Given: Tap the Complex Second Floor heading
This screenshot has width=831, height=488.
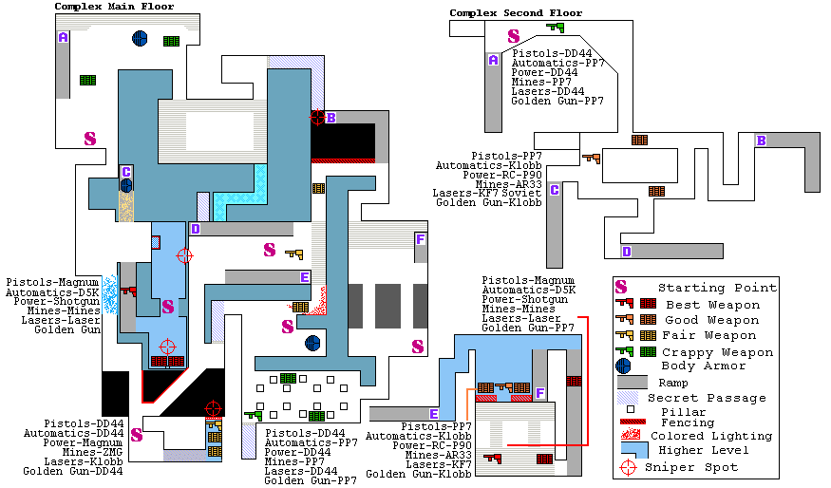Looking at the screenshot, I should [516, 13].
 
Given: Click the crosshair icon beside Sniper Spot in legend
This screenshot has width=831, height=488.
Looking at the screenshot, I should [627, 467].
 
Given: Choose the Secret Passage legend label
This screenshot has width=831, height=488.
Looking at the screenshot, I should [707, 398].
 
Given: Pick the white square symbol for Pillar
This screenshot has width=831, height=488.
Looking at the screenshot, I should [629, 411].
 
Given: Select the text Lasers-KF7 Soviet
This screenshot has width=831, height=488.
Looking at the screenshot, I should [487, 193].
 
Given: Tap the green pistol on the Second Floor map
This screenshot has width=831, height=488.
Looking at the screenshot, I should [541, 28].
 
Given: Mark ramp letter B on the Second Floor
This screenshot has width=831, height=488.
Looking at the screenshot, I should [761, 141].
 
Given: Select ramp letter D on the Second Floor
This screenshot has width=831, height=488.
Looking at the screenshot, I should [626, 252].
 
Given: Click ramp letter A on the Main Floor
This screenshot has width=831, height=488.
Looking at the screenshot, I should [63, 38].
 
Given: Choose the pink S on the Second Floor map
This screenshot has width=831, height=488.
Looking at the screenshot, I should [514, 36].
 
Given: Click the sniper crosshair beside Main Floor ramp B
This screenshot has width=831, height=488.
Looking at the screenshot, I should [317, 117].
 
